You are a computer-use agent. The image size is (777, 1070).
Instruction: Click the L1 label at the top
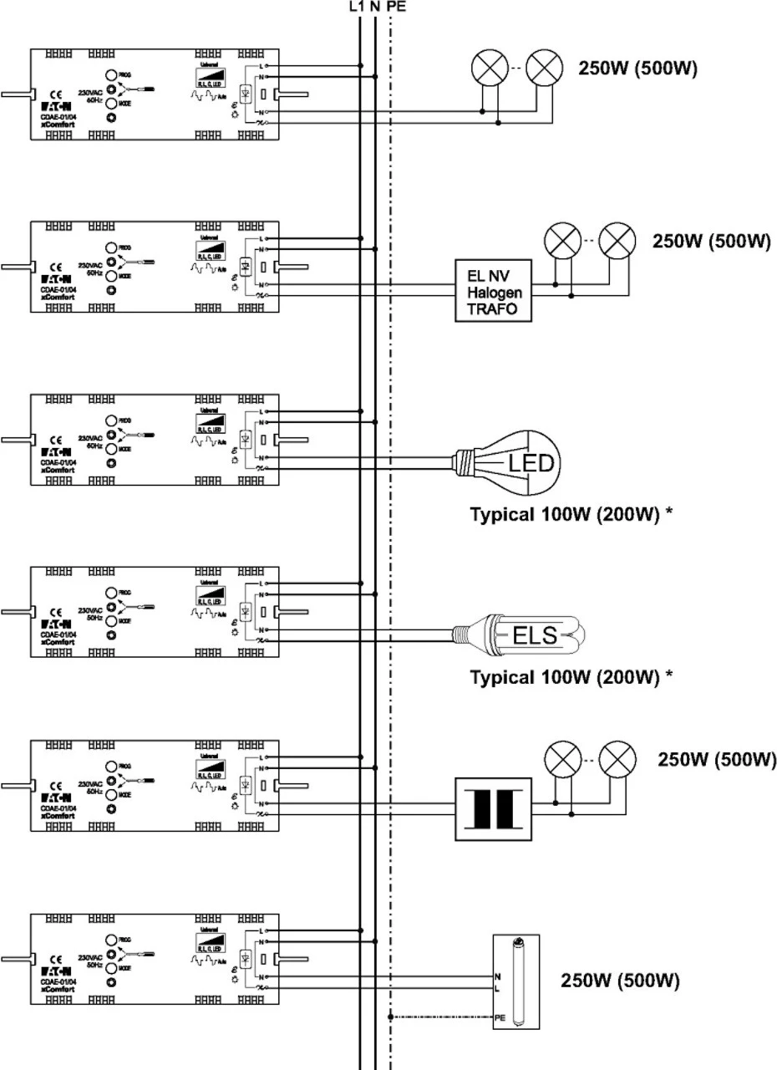pyautogui.click(x=357, y=7)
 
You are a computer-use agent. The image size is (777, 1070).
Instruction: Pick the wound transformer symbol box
pyautogui.click(x=493, y=808)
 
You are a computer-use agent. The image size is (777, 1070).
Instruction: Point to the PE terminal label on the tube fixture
pyautogui.click(x=499, y=1016)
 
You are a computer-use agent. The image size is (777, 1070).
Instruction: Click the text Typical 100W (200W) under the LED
pyautogui.click(x=571, y=514)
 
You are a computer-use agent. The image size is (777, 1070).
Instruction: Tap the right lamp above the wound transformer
pyautogui.click(x=618, y=761)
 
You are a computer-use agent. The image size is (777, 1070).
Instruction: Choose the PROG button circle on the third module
pyautogui.click(x=111, y=422)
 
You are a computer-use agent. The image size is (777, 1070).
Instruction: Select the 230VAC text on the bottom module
pyautogui.click(x=89, y=956)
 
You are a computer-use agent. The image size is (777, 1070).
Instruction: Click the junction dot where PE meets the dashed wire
pyautogui.click(x=390, y=1016)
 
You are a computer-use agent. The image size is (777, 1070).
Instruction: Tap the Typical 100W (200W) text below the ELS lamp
pyautogui.click(x=571, y=676)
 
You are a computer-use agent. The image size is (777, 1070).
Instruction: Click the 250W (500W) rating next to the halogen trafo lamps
pyautogui.click(x=710, y=241)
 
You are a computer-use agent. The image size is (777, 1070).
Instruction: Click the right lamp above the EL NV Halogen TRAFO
pyautogui.click(x=618, y=243)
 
